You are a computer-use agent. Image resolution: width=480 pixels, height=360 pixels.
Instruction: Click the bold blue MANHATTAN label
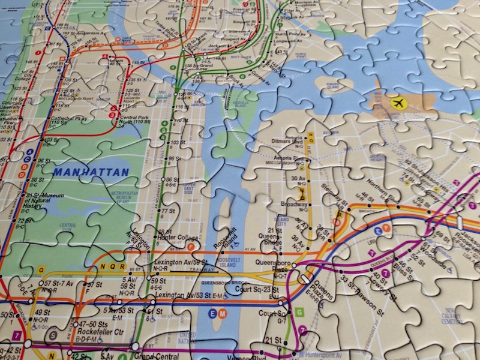point(91,172)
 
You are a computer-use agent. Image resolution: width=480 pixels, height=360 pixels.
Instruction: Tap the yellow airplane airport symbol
point(398,103)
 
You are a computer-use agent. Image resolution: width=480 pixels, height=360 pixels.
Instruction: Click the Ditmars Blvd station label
point(289,145)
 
